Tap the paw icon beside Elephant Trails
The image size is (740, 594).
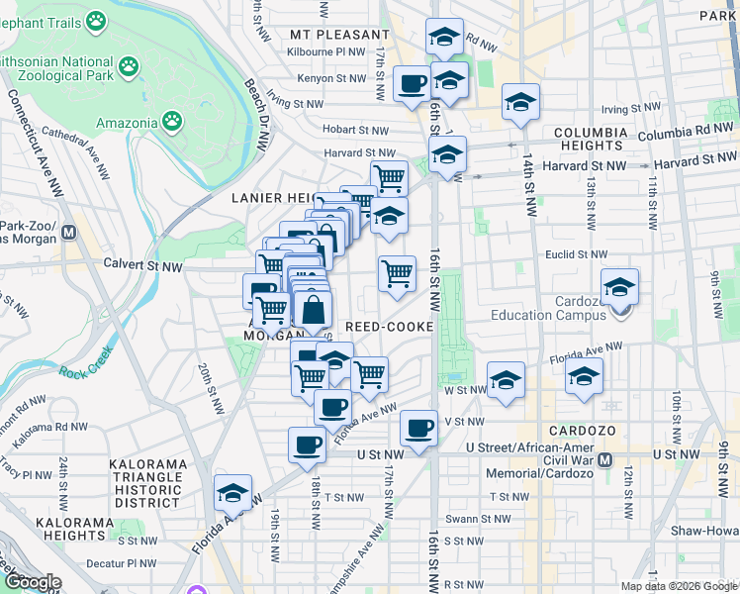click(x=96, y=20)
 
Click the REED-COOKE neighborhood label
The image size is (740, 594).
click(x=389, y=326)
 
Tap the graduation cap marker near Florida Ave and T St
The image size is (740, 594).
click(x=232, y=492)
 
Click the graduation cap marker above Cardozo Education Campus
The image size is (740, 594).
click(x=619, y=287)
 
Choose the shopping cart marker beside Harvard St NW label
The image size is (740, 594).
click(x=390, y=178)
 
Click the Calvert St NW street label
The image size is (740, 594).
click(x=143, y=265)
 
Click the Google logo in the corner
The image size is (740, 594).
click(x=34, y=582)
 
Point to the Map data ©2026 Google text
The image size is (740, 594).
click(x=679, y=586)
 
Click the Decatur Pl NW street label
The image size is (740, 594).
click(x=119, y=562)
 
